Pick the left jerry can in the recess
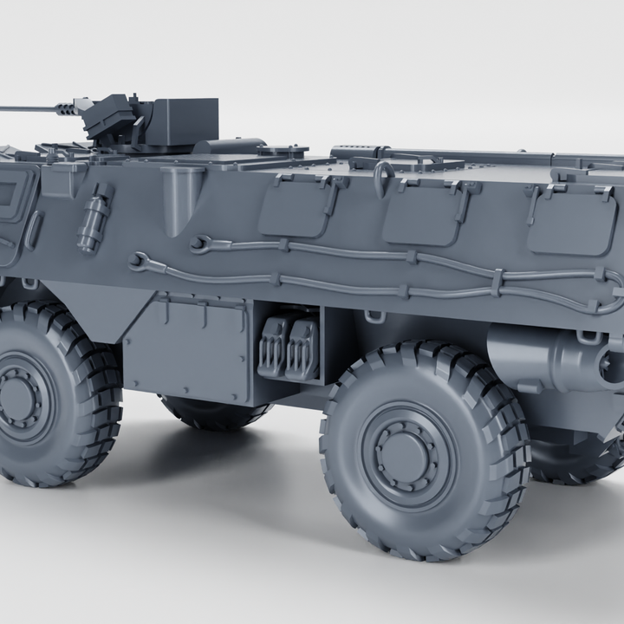[x=275, y=347]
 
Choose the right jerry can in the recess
[x=302, y=349]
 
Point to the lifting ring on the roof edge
[x=383, y=178]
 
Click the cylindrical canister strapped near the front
[x=94, y=218]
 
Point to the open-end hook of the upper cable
[x=199, y=245]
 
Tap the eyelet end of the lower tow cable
[x=138, y=259]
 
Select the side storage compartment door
[x=185, y=347]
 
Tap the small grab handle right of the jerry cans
[x=375, y=316]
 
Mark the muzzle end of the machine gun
[x=3, y=109]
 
